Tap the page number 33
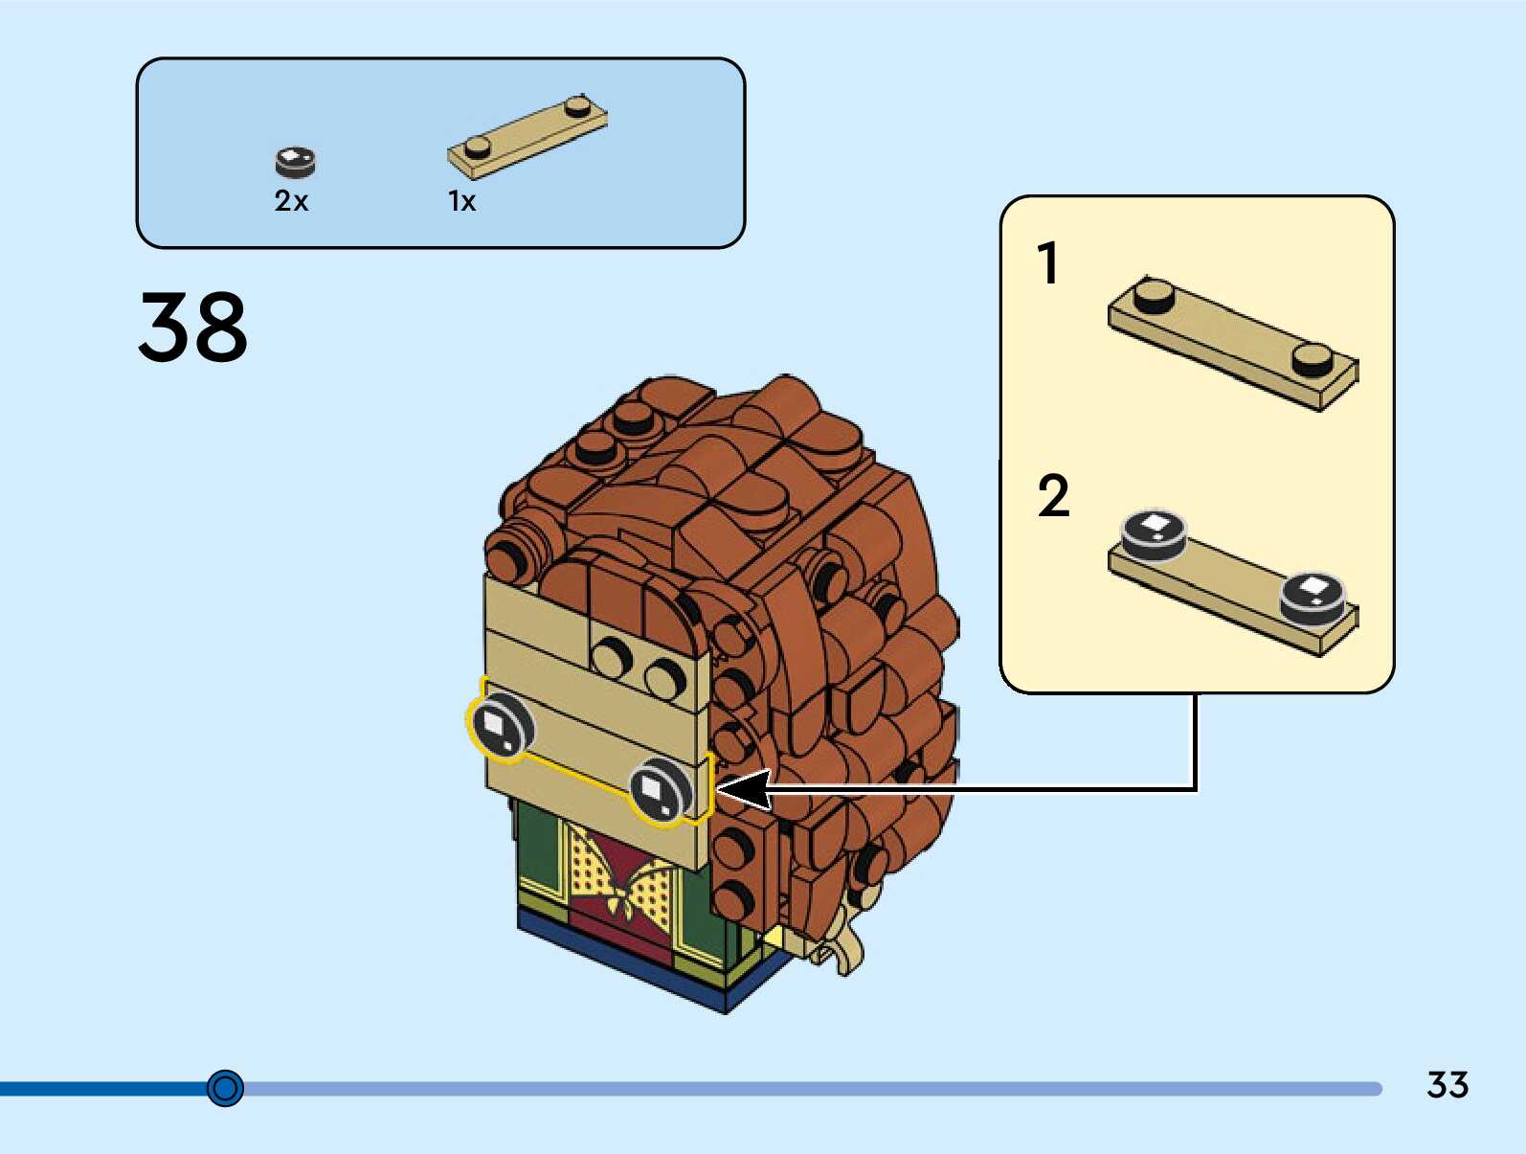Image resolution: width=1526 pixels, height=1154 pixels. [x=1447, y=1085]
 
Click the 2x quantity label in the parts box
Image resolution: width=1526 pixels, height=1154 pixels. [x=291, y=201]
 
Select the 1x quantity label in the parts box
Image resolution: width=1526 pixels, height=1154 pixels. [x=461, y=201]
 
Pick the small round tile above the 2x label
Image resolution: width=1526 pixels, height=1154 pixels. [x=295, y=162]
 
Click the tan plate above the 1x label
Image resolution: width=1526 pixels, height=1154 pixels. [x=527, y=138]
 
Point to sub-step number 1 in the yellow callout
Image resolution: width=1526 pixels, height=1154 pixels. [x=1049, y=263]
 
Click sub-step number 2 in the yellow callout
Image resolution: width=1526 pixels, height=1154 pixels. [x=1053, y=496]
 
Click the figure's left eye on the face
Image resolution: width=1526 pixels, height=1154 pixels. [x=501, y=725]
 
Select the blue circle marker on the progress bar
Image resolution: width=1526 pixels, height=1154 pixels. [x=226, y=1088]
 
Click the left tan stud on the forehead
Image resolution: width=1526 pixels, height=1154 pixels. [x=611, y=656]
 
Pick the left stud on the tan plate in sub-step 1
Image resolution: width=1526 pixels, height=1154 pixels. [x=1155, y=296]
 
